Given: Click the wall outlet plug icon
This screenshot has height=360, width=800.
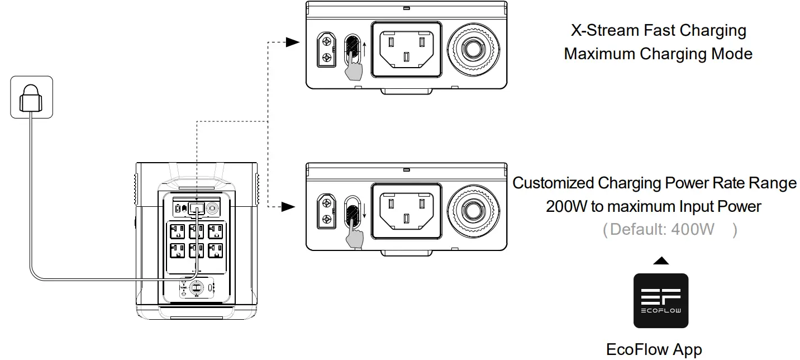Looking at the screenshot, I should [31, 97].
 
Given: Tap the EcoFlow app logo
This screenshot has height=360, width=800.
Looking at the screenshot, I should [660, 301].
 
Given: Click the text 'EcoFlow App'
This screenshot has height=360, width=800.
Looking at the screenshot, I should [654, 350].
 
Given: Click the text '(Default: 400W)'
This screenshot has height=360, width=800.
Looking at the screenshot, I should [669, 229].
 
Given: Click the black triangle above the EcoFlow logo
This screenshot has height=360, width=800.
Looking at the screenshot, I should [661, 260].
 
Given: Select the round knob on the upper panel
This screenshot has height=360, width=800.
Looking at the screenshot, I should [474, 49].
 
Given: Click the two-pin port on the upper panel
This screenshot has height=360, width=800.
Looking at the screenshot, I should [326, 50].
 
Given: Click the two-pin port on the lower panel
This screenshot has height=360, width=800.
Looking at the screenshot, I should [326, 212].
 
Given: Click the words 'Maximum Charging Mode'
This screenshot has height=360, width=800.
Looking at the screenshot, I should [658, 54].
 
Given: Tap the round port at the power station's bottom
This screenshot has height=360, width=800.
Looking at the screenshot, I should [197, 287].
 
